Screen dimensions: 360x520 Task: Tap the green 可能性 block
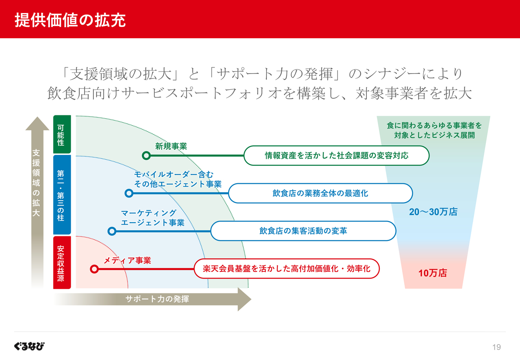click(62, 134)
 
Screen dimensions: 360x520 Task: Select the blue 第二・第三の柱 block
click(62, 195)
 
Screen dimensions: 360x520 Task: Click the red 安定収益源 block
click(62, 262)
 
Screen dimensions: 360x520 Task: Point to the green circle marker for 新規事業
click(146, 155)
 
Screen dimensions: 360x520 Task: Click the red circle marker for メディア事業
click(94, 269)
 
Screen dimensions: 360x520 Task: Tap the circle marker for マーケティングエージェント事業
click(112, 231)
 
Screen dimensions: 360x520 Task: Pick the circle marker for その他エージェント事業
click(129, 193)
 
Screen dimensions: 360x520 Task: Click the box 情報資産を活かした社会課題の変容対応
click(336, 156)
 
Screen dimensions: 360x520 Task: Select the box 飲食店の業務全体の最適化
click(320, 193)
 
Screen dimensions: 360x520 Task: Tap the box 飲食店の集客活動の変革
click(303, 231)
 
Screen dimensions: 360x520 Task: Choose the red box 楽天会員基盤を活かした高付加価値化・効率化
click(286, 269)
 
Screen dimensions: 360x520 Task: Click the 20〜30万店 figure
click(433, 212)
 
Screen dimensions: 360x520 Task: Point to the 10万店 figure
click(433, 273)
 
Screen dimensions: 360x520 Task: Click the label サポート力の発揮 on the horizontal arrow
click(157, 299)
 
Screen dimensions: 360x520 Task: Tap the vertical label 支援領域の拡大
click(37, 182)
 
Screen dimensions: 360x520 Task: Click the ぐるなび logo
click(29, 346)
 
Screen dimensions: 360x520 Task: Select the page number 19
click(496, 347)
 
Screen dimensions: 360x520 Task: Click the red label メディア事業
click(127, 260)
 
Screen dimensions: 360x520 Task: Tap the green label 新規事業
click(171, 147)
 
